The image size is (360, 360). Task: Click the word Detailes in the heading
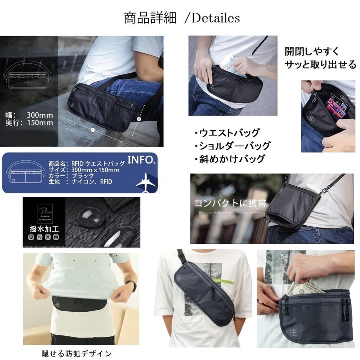tap(216, 18)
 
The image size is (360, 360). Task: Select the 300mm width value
tap(40, 115)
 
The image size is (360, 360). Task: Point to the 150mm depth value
tap(40, 123)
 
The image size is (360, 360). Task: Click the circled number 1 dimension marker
tap(92, 130)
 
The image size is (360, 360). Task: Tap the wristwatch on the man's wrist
tap(133, 285)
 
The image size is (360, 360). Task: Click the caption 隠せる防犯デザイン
tap(76, 353)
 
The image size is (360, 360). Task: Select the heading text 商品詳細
tap(150, 18)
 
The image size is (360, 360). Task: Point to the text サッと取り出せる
tap(320, 65)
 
